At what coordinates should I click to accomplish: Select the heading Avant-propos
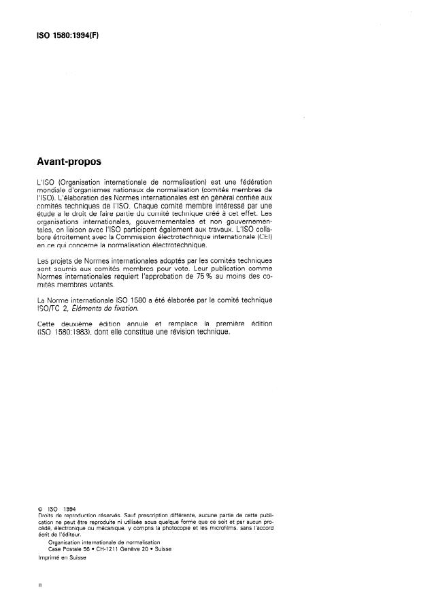point(70,163)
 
